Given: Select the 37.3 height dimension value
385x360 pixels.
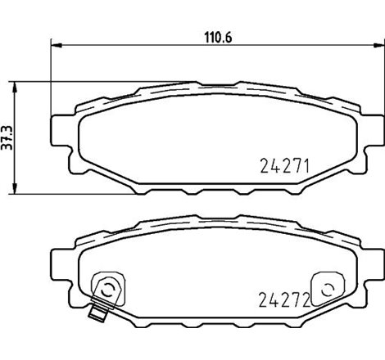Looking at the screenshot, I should click(7, 136).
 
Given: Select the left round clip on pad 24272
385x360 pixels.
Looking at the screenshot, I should click(106, 287).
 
